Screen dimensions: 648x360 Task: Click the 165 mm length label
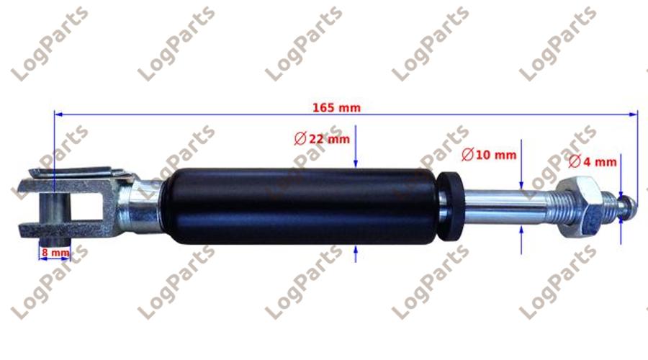coord(336,108)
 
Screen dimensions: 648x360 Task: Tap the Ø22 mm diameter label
coord(322,139)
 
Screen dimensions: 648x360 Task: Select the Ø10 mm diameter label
coord(489,155)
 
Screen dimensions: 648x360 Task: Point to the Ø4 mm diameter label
coord(593,161)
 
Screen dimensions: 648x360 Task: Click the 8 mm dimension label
coord(55,252)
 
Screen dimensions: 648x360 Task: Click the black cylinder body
coord(302,206)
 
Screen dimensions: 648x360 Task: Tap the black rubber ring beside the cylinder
coord(451,206)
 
